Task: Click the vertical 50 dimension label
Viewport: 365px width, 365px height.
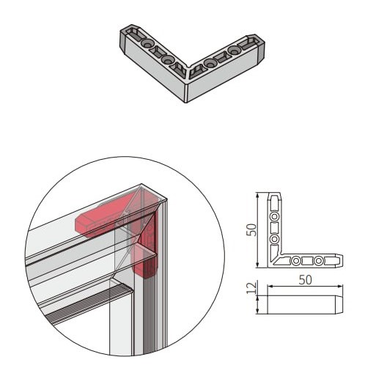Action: click(251, 229)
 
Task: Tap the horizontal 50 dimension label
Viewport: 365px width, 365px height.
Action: click(305, 280)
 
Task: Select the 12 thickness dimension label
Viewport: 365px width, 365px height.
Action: click(251, 287)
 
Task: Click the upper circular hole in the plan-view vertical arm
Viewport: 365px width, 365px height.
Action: click(275, 216)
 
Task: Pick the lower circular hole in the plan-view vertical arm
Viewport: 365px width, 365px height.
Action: click(275, 238)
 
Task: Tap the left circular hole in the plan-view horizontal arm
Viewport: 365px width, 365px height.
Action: click(296, 261)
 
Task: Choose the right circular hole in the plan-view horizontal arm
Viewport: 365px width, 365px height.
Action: click(318, 261)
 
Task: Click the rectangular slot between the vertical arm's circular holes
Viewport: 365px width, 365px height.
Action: click(275, 227)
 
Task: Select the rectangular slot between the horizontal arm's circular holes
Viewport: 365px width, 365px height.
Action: click(307, 261)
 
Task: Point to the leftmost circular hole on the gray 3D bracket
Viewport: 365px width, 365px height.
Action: click(147, 43)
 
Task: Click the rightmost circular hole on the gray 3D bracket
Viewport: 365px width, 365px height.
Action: click(234, 51)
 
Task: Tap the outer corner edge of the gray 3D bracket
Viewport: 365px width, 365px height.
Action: click(187, 93)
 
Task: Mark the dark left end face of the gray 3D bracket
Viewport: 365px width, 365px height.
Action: click(122, 40)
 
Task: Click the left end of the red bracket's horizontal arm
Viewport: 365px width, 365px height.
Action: click(78, 223)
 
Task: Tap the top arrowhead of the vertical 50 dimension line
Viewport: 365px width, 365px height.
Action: click(257, 194)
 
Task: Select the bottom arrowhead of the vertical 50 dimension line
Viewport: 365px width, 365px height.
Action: click(257, 265)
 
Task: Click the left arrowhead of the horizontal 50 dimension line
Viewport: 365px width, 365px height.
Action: click(270, 287)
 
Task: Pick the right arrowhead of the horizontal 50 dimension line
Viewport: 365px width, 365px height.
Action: click(340, 287)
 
